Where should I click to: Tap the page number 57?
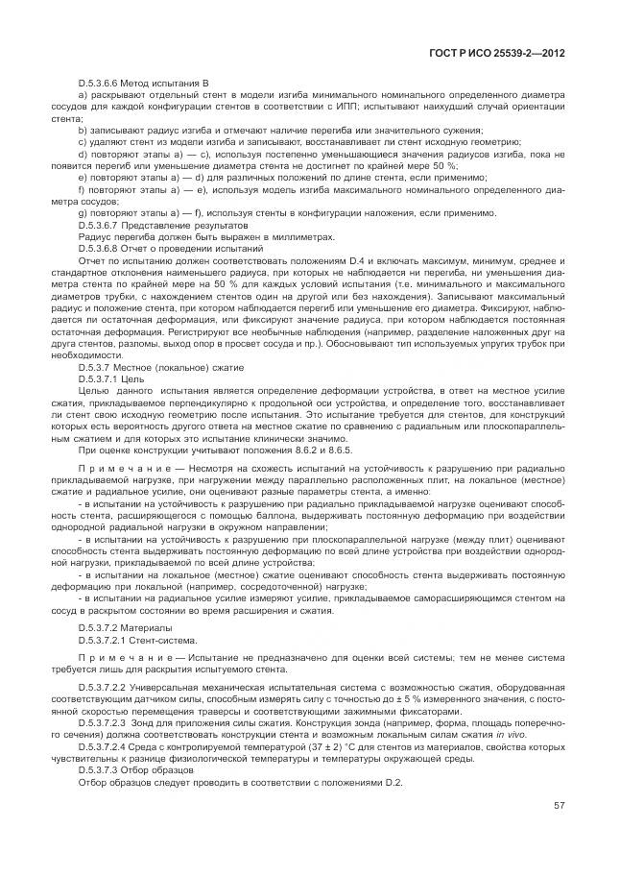coord(559,805)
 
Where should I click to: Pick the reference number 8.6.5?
coord(337,450)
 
